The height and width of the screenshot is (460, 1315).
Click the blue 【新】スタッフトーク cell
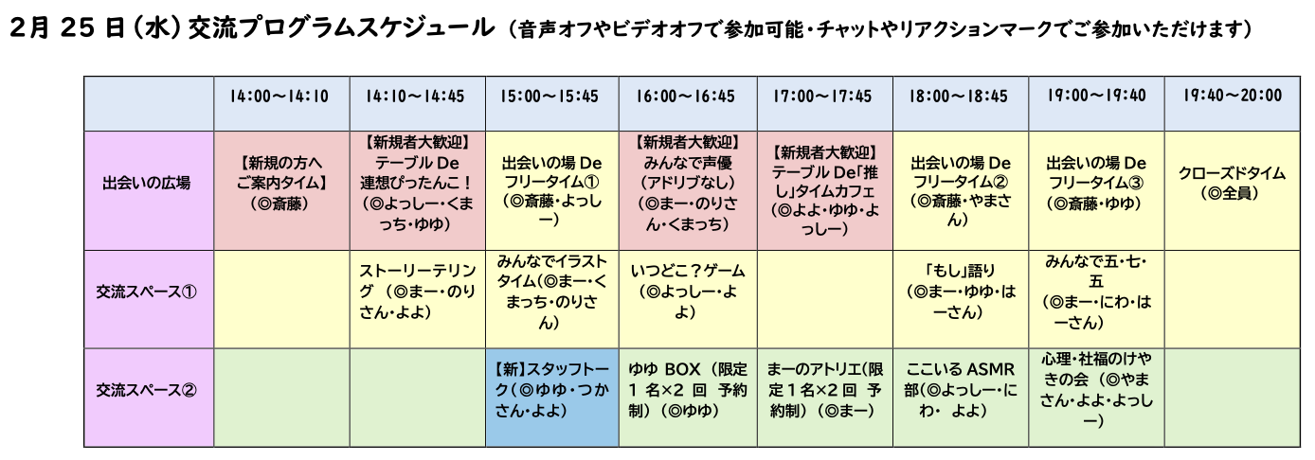tap(551, 398)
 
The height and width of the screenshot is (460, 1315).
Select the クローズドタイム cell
tap(1233, 190)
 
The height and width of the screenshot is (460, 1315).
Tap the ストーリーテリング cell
tap(418, 299)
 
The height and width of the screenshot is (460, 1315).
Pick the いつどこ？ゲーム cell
tap(688, 299)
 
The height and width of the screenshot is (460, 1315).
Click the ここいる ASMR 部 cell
tap(961, 398)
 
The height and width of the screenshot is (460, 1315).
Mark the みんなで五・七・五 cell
tap(1096, 299)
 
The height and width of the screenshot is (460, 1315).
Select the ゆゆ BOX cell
tap(688, 398)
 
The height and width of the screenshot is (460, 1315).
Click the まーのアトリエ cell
tap(825, 398)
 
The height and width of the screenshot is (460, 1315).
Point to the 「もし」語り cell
tap(961, 299)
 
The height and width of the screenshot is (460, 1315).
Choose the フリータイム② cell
tap(961, 190)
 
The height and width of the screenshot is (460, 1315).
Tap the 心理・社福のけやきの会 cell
tap(1096, 398)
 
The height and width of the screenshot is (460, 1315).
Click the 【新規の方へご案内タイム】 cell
tap(281, 190)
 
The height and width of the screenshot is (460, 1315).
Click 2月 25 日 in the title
tap(67, 28)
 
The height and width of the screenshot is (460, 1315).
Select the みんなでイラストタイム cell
tap(551, 299)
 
